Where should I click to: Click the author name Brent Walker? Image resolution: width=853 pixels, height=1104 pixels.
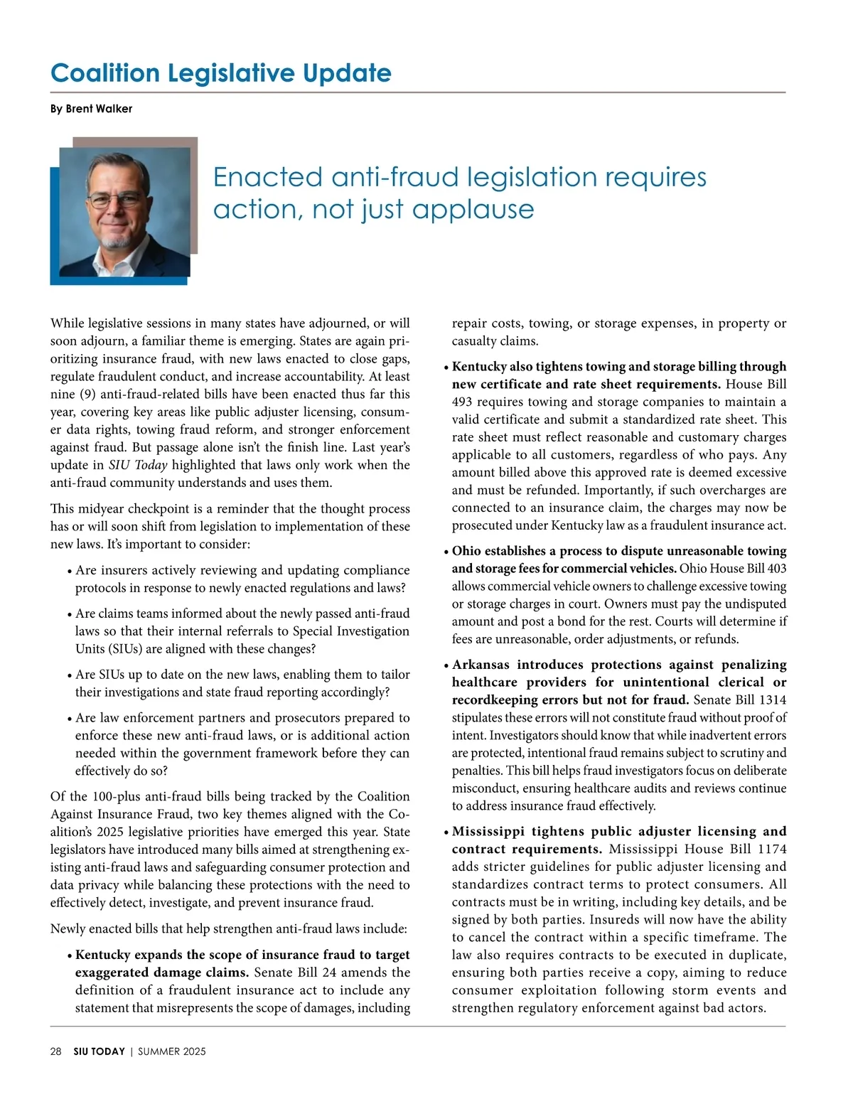(x=99, y=109)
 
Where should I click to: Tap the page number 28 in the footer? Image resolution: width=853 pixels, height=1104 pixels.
(x=56, y=1051)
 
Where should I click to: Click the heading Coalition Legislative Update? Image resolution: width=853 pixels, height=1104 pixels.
(x=220, y=73)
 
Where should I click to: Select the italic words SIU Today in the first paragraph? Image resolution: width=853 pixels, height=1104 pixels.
(x=138, y=466)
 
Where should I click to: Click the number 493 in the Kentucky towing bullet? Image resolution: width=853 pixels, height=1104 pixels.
(x=463, y=402)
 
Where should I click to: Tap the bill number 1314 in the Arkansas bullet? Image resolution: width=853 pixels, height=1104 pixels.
(x=772, y=700)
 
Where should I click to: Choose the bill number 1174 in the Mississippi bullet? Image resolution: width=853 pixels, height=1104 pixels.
(x=772, y=849)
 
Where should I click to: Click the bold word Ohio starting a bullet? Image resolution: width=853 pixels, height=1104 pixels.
(x=466, y=551)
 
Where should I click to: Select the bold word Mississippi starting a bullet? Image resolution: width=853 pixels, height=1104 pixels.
(x=488, y=831)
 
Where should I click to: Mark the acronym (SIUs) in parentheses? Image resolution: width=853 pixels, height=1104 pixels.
(x=99, y=649)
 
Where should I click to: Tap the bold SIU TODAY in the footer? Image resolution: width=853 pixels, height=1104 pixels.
(x=99, y=1051)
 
